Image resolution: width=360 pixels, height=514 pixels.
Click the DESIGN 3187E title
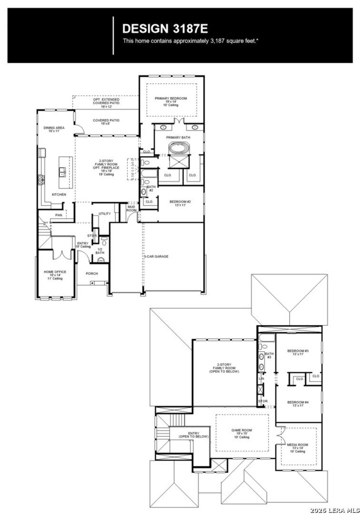click(x=165, y=29)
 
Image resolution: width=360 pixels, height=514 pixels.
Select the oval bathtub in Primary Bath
click(x=179, y=148)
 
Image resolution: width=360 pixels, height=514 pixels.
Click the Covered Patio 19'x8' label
click(x=106, y=122)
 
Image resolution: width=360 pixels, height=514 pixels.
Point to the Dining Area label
click(x=54, y=129)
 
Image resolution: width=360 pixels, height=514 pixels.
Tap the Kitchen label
click(x=59, y=195)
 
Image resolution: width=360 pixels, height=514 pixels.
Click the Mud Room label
click(x=131, y=209)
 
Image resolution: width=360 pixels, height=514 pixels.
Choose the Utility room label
click(x=105, y=214)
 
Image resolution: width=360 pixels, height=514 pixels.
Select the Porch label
click(x=92, y=273)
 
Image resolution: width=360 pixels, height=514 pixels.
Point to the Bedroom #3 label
click(x=298, y=352)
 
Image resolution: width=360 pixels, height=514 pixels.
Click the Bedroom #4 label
click(x=298, y=404)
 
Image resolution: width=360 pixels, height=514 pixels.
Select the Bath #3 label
click(x=269, y=355)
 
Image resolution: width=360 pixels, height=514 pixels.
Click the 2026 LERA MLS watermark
click(x=334, y=509)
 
